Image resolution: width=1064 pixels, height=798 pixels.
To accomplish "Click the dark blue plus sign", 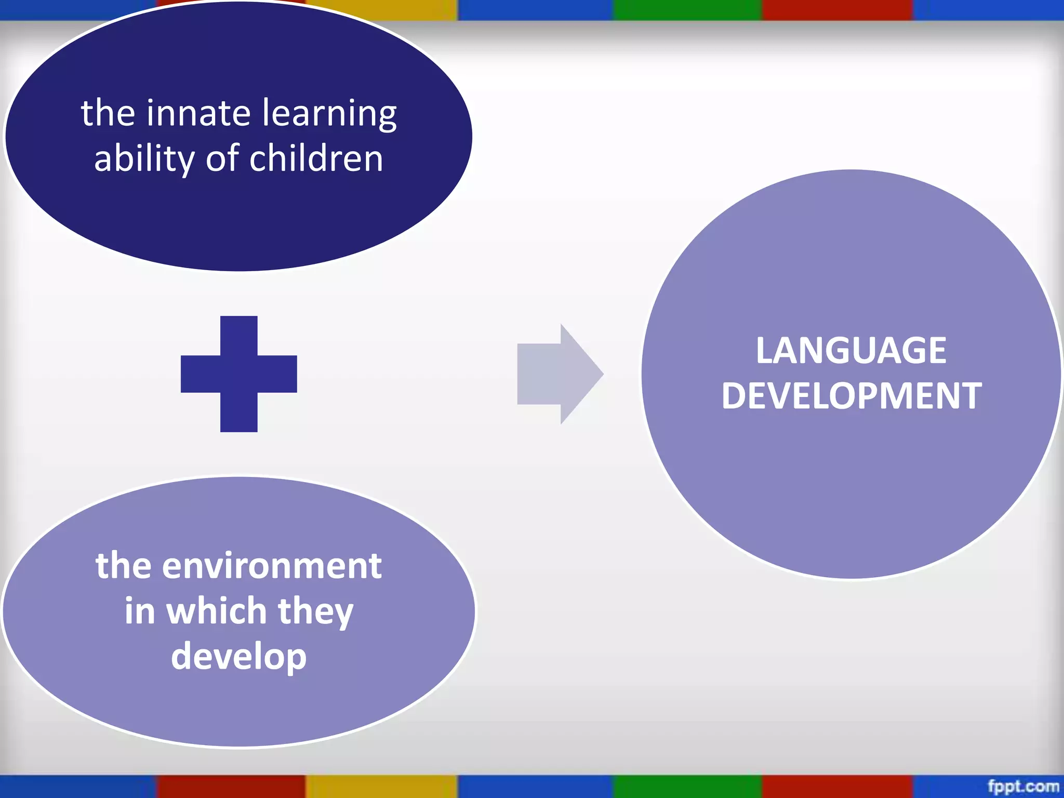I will pos(239,374).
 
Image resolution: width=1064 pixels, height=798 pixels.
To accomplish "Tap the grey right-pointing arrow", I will pos(559,374).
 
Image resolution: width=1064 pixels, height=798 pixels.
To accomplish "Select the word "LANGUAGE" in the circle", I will pos(851,351).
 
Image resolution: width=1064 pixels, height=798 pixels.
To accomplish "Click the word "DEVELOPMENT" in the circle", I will pos(852,396).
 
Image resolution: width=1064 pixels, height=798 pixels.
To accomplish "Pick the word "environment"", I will pos(272,566).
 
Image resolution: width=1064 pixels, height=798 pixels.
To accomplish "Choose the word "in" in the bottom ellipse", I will pos(140,611).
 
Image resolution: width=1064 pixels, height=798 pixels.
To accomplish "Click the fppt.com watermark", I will pos(1023,786).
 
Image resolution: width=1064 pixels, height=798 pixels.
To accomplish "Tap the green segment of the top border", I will pos(687,10).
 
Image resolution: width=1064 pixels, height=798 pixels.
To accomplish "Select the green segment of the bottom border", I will pos(687,787).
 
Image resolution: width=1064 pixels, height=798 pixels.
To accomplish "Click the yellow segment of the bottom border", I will pos(381,787).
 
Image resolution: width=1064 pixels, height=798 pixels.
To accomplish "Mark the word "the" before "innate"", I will pos(108,113).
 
